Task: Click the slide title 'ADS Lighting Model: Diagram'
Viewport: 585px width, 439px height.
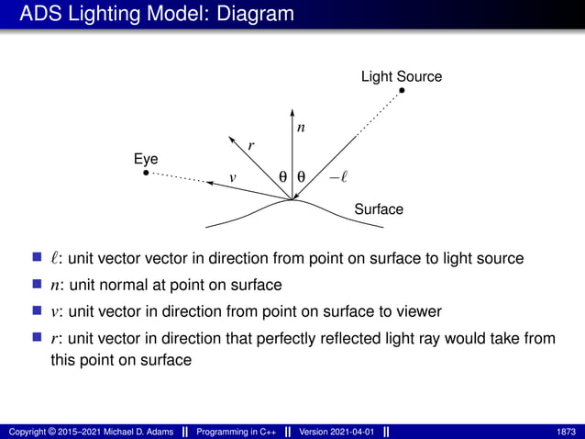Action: pyautogui.click(x=157, y=14)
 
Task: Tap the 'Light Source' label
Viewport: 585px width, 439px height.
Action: pyautogui.click(x=401, y=76)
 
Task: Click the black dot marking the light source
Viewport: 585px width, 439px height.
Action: pyautogui.click(x=402, y=90)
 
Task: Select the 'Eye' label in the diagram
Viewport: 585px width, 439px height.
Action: pyautogui.click(x=146, y=159)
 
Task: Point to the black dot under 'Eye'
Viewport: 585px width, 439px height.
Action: pyautogui.click(x=147, y=172)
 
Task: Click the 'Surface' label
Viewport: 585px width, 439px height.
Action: pyautogui.click(x=378, y=209)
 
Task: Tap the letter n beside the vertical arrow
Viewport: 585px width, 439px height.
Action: pyautogui.click(x=301, y=129)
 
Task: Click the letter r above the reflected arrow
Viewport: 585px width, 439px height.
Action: pyautogui.click(x=251, y=145)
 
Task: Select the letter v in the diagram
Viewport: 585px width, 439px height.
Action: pyautogui.click(x=232, y=176)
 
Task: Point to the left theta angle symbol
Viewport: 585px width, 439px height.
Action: pyautogui.click(x=282, y=175)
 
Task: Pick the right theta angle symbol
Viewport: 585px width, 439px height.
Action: pyautogui.click(x=302, y=175)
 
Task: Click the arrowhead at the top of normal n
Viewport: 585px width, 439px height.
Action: pyautogui.click(x=292, y=114)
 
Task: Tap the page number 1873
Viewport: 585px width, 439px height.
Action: pyautogui.click(x=566, y=432)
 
